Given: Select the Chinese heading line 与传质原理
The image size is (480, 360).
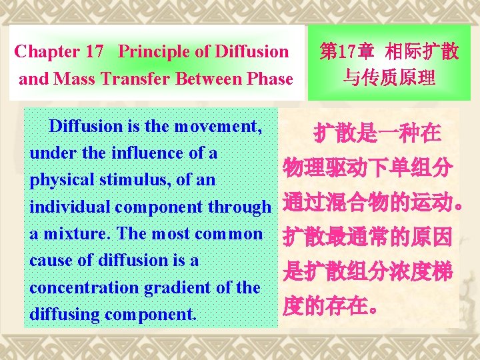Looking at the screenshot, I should point(389,79).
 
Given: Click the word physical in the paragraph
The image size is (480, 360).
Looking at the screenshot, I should point(59,181).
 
